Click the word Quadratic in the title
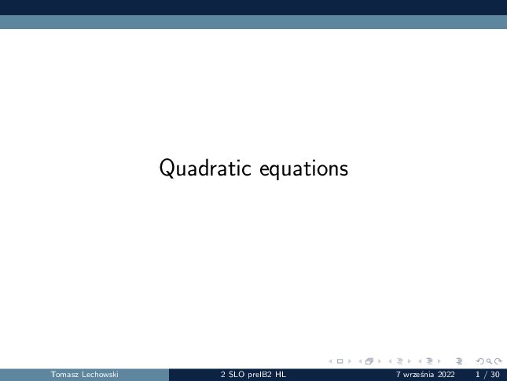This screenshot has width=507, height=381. pos(205,168)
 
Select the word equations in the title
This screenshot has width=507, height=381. pos(304,169)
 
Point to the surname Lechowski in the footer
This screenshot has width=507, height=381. pos(101,375)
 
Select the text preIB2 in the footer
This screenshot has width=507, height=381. pos(260,375)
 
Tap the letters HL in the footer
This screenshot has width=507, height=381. pos(281,375)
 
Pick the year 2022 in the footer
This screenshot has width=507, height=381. pos(446,375)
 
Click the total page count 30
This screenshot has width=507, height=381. pos(495,375)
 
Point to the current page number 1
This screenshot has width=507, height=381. pos(478,375)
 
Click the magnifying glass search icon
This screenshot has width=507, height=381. pos(489,361)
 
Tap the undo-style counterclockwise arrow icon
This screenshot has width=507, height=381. pos(480,361)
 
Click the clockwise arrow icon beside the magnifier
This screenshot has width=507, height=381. pos(498,361)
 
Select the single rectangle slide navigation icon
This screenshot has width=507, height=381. pos(340,361)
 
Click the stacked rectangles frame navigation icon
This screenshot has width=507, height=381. pos(369,361)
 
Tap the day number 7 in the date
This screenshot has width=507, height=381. pos(398,375)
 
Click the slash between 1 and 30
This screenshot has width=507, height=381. pos(485,375)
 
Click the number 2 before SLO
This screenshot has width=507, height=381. pos(223,375)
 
